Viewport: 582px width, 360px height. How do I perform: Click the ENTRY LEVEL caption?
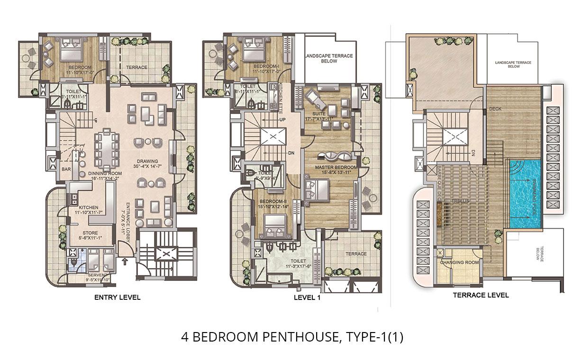click(x=118, y=298)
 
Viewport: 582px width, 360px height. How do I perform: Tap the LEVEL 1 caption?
click(x=308, y=298)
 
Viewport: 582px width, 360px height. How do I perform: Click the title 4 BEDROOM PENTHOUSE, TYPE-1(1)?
click(x=292, y=337)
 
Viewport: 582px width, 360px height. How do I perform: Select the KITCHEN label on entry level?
click(x=89, y=207)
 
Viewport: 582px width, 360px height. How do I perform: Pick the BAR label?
click(x=66, y=169)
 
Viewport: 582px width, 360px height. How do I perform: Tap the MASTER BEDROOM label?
click(x=336, y=168)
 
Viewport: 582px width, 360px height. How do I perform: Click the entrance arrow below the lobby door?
click(x=125, y=260)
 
